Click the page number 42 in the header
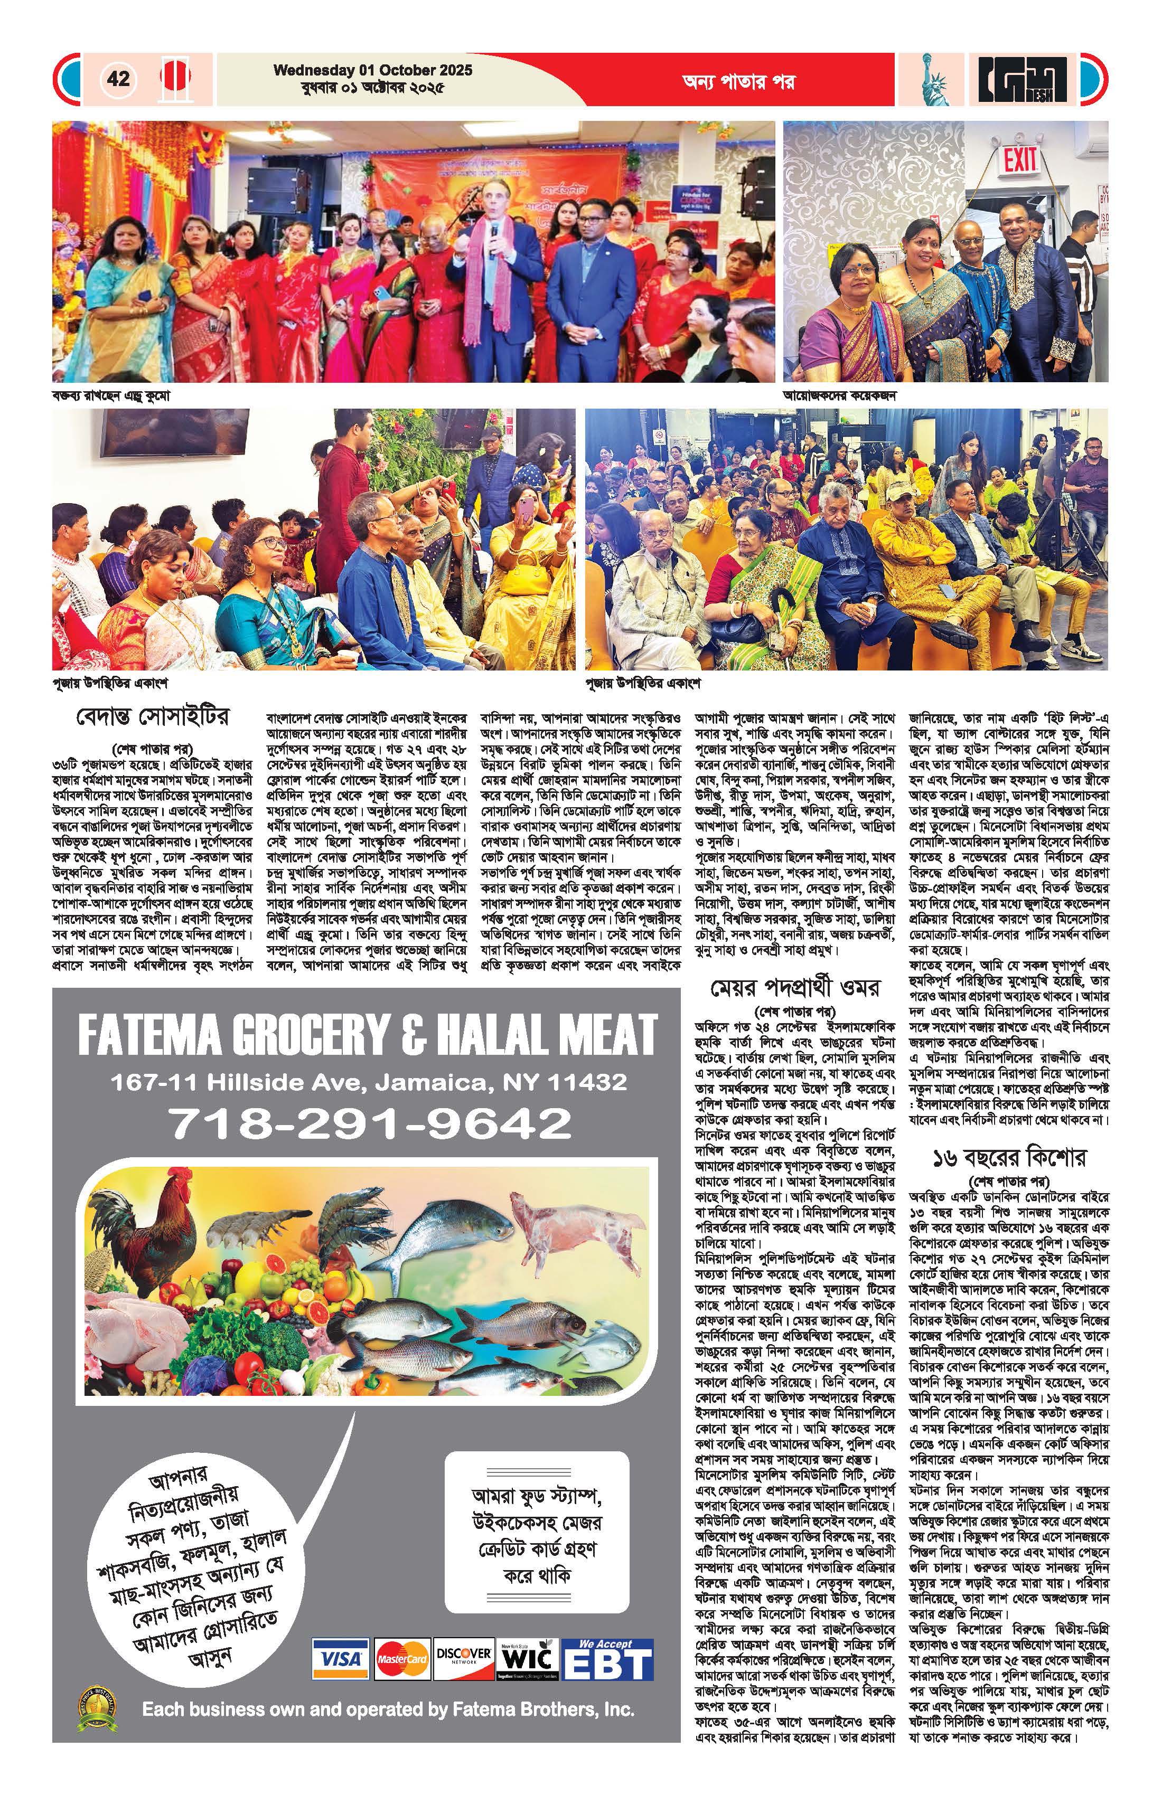[x=118, y=79]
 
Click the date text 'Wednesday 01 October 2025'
[x=373, y=70]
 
